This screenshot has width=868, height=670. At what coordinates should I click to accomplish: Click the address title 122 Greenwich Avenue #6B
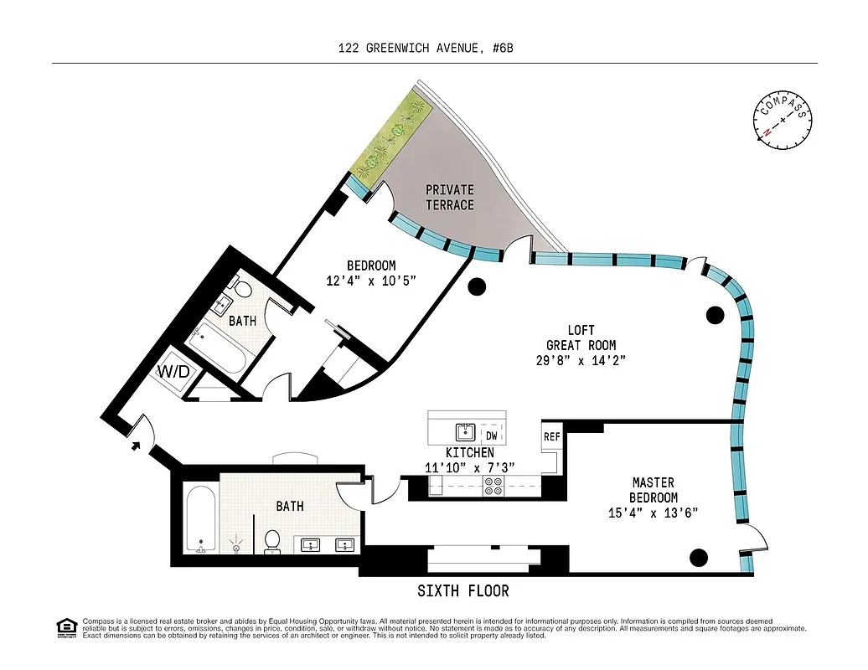pos(425,48)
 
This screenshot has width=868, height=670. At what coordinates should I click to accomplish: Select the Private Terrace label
pos(449,198)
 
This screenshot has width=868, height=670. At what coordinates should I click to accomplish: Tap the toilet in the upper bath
pos(241,290)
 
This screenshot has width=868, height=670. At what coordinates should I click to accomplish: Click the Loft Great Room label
pos(581,345)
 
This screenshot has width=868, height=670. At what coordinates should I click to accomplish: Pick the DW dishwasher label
pos(491,435)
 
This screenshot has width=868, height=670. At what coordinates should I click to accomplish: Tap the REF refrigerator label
pos(551,437)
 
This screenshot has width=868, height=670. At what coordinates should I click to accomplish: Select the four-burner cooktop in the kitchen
pos(493,486)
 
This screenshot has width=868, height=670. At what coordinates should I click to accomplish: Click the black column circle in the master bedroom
pos(698,557)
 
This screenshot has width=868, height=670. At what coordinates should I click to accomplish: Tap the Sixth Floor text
pos(462,591)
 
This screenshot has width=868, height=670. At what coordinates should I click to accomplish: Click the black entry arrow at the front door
pos(136,445)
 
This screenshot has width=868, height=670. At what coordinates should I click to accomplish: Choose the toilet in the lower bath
pos(272,540)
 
